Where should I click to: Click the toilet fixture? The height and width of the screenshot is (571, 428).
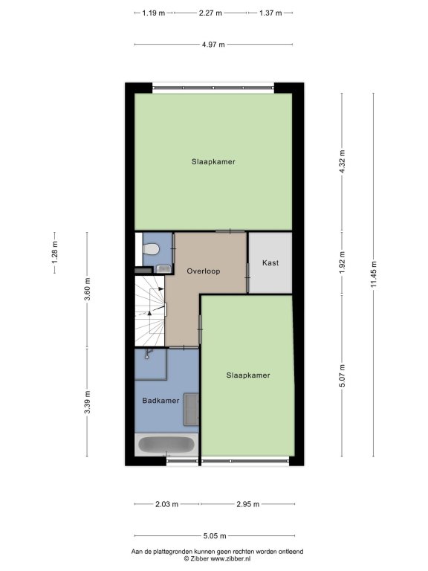coord(151,250)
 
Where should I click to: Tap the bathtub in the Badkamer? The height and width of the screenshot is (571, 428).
coord(166,445)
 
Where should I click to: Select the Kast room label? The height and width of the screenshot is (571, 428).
coord(270,262)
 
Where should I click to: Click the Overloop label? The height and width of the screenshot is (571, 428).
coord(204,271)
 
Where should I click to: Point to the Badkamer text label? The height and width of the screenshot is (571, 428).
coord(160,401)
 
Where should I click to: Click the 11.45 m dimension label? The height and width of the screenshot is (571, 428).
coord(374,274)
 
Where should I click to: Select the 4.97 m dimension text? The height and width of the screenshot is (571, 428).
coord(213,45)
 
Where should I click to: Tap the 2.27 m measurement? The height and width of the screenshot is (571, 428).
coord(210,13)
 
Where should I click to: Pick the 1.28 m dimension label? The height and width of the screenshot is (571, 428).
coord(54,253)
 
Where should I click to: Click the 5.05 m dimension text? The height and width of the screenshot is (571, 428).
coord(214,535)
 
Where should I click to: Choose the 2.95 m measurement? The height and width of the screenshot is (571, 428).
coord(248,504)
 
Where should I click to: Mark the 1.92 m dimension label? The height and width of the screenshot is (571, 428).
coord(342,262)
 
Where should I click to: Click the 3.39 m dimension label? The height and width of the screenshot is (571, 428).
coord(87,402)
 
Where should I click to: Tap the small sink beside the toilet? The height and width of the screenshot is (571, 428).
coord(163,269)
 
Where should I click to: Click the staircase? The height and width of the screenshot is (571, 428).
coord(150,311)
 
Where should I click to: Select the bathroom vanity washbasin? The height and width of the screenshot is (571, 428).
coord(191,409)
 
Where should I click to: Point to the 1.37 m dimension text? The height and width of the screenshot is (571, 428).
coord(270,13)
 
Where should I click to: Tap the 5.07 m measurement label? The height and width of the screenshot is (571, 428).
coord(342,375)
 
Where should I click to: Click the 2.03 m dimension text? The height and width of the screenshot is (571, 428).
coord(166,504)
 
